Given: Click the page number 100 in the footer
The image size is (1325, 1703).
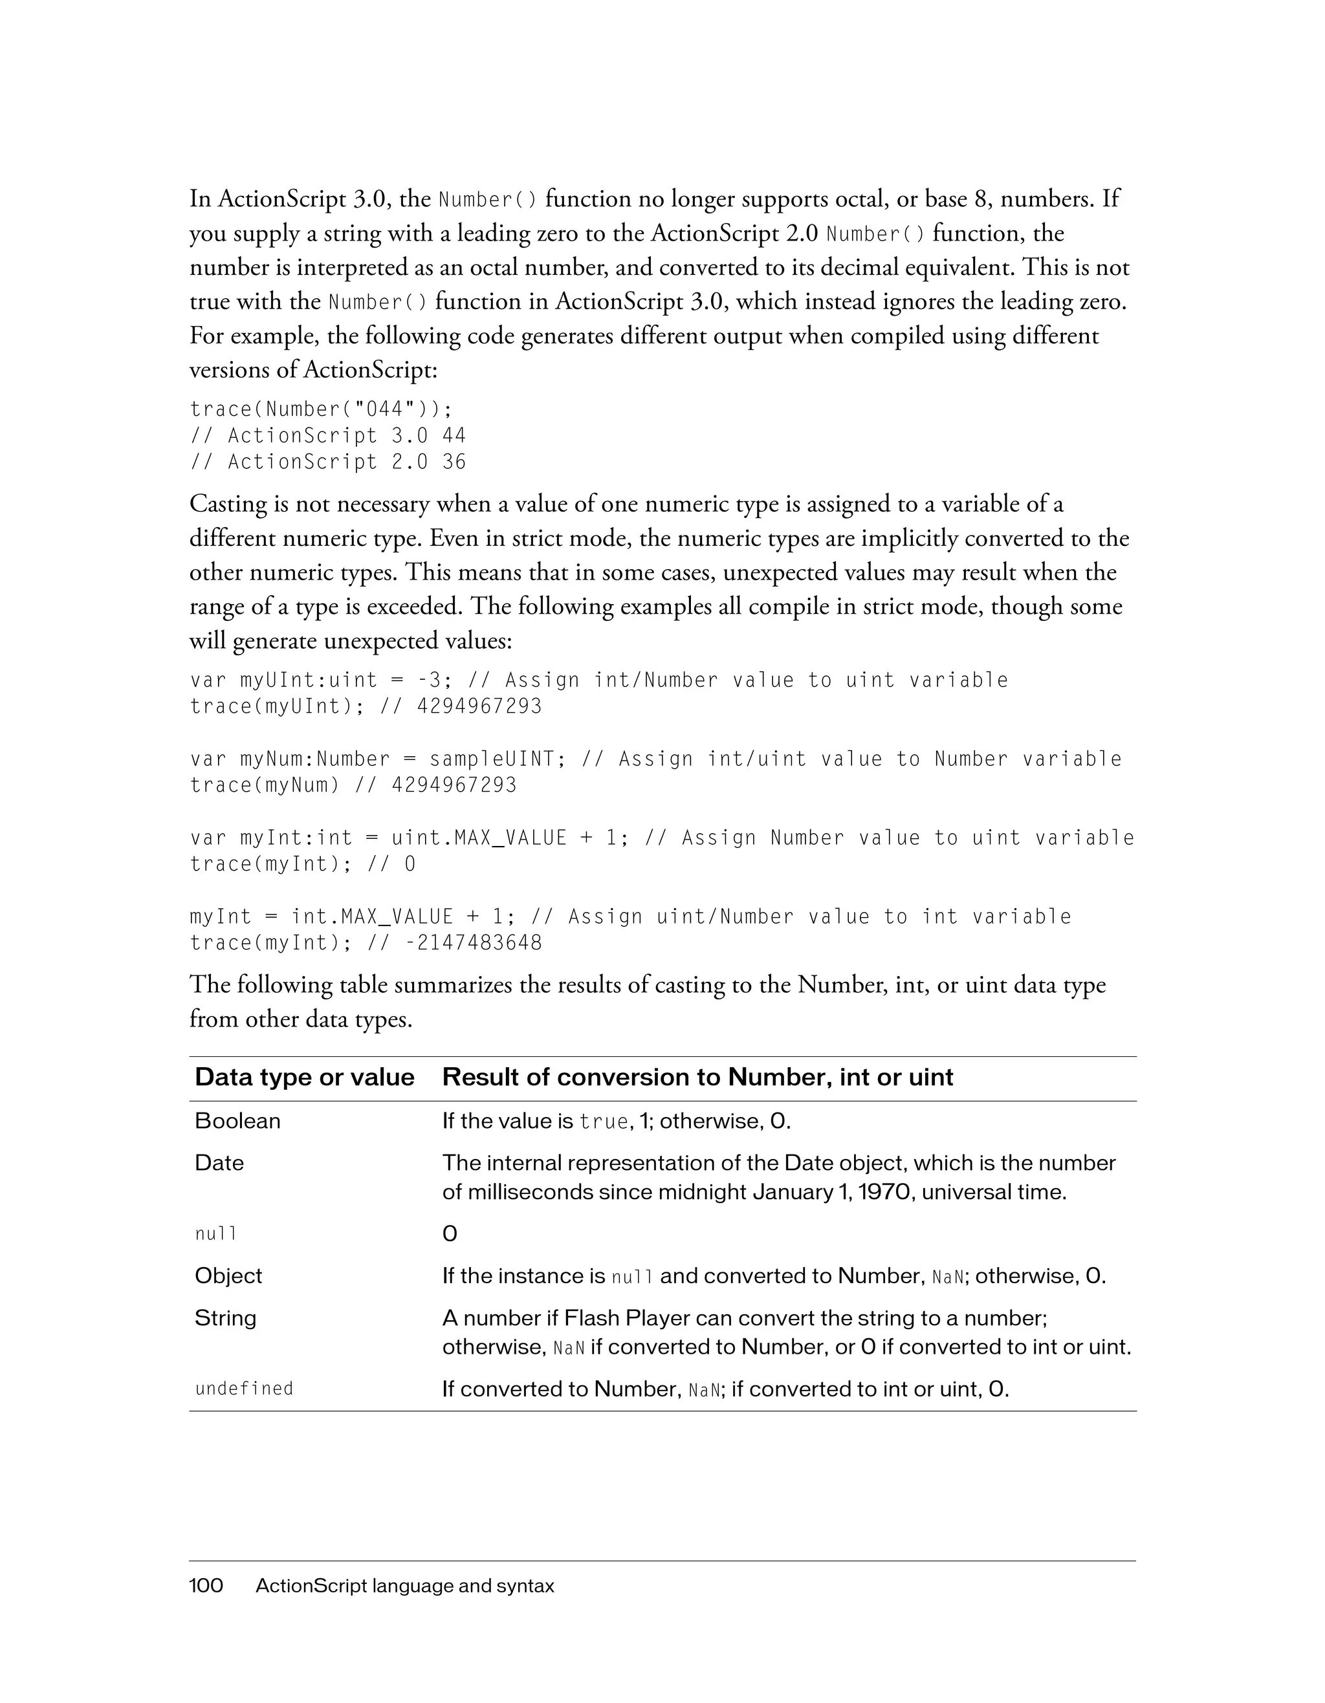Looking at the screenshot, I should [206, 1586].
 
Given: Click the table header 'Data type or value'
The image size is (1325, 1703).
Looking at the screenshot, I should [304, 1077].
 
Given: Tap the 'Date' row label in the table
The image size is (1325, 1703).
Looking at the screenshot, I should [219, 1163].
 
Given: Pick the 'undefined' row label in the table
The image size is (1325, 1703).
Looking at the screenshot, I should [244, 1389].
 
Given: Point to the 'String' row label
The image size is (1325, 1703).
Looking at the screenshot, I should [225, 1318].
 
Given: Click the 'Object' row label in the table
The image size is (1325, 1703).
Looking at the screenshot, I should [228, 1275].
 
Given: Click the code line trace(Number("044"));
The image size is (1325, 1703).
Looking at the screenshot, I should [320, 409].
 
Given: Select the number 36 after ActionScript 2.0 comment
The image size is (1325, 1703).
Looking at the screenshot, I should [454, 462].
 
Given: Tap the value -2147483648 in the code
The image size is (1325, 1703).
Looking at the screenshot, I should [474, 943].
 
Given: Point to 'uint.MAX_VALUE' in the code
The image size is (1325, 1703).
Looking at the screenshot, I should [479, 838].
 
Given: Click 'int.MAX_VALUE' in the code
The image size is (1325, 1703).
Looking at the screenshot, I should [372, 917].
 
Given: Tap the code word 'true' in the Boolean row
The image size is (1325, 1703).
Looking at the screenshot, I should [604, 1122].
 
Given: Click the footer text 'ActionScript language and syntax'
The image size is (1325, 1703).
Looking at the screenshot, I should [405, 1586].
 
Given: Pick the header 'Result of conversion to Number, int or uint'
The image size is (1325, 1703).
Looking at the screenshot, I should [697, 1077].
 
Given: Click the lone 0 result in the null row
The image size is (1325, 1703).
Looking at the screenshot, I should [450, 1234].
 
